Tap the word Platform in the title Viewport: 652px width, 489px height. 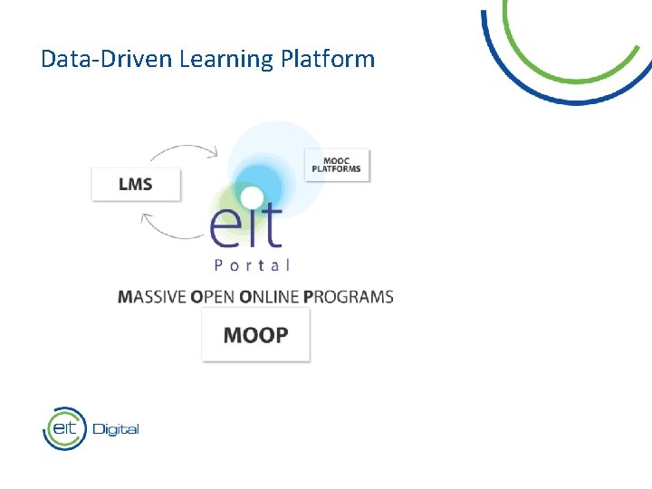coord(327,60)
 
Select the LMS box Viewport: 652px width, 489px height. coord(136,184)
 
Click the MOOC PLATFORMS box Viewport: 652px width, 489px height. coord(336,165)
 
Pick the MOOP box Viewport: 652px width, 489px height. coord(255,335)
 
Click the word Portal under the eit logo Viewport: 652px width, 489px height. coord(252,265)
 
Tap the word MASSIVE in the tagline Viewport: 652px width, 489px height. coord(151,297)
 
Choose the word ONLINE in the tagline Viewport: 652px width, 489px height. coord(269,297)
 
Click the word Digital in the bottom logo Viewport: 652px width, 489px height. coord(115,429)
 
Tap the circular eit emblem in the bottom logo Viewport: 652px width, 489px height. coord(64,428)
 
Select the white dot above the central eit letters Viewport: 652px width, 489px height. coord(252,197)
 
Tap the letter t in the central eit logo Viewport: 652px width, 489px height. coord(271,226)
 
